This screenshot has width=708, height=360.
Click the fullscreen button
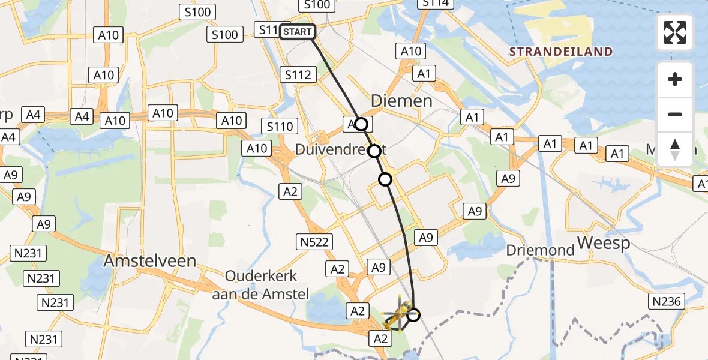pyautogui.click(x=675, y=32)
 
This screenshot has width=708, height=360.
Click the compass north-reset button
pyautogui.click(x=675, y=149)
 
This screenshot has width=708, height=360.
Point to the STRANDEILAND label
pyautogui.click(x=561, y=52)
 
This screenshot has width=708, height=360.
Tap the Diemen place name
pyautogui.click(x=401, y=100)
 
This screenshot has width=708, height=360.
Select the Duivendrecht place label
pyautogui.click(x=339, y=149)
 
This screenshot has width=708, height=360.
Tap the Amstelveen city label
pyautogui.click(x=150, y=260)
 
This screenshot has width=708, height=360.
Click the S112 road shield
pyautogui.click(x=298, y=74)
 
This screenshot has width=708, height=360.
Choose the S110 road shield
pyautogui.click(x=280, y=126)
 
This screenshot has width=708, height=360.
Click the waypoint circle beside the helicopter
pyautogui.click(x=413, y=314)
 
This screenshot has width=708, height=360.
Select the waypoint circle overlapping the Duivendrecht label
pyautogui.click(x=374, y=151)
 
